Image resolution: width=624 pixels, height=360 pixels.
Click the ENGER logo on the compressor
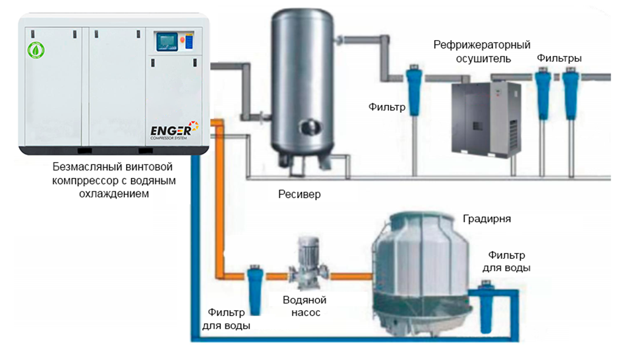(174, 130)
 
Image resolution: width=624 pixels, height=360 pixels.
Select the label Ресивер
(299, 195)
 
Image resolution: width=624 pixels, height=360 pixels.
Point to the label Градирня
(486, 219)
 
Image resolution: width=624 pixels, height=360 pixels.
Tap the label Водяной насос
(305, 306)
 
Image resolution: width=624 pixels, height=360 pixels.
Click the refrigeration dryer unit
(486, 118)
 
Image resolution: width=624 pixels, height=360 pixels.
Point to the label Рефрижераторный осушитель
(482, 52)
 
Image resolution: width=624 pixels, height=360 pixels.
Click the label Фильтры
(559, 58)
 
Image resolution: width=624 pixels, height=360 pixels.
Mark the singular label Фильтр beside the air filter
(387, 107)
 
